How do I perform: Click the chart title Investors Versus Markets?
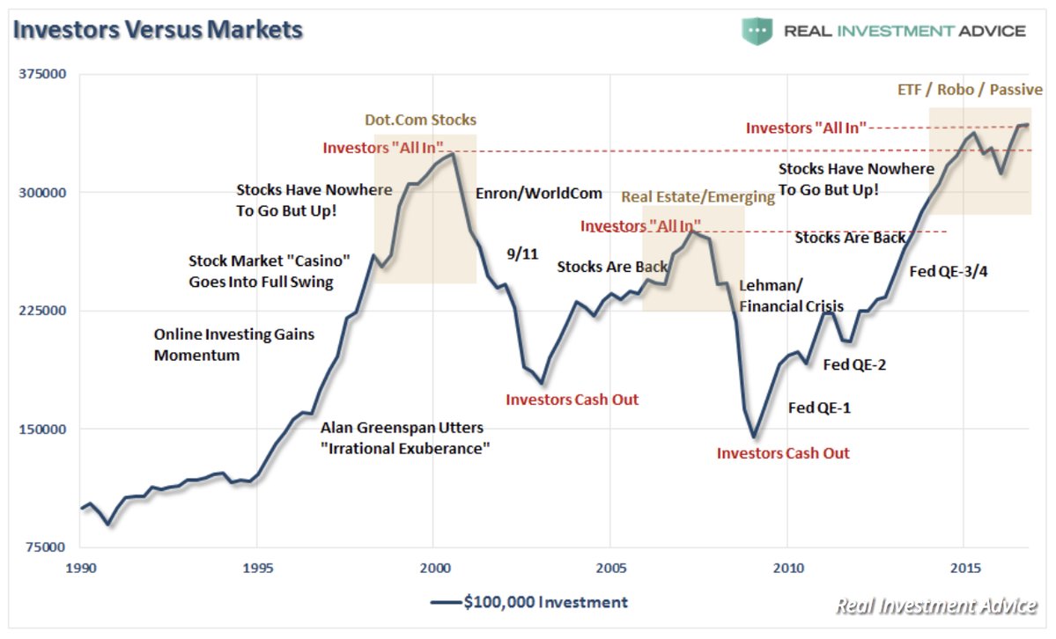[x=158, y=29]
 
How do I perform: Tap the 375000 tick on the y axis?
[x=44, y=74]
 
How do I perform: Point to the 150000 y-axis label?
[x=44, y=429]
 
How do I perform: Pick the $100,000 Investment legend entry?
[x=529, y=602]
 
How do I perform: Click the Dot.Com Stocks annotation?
[x=420, y=120]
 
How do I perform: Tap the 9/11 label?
[x=521, y=253]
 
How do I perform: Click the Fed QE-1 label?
[x=819, y=408]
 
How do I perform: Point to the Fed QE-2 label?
[x=853, y=364]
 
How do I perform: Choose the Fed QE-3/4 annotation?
[x=948, y=271]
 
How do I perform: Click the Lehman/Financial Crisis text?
[x=791, y=296]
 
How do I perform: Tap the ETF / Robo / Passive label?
[x=969, y=90]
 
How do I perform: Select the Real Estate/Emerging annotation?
[x=698, y=196]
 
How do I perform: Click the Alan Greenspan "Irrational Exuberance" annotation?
[x=404, y=437]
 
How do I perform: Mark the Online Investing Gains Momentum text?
[x=233, y=345]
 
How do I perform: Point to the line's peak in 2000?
[x=452, y=154]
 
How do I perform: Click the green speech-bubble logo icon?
[x=756, y=31]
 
